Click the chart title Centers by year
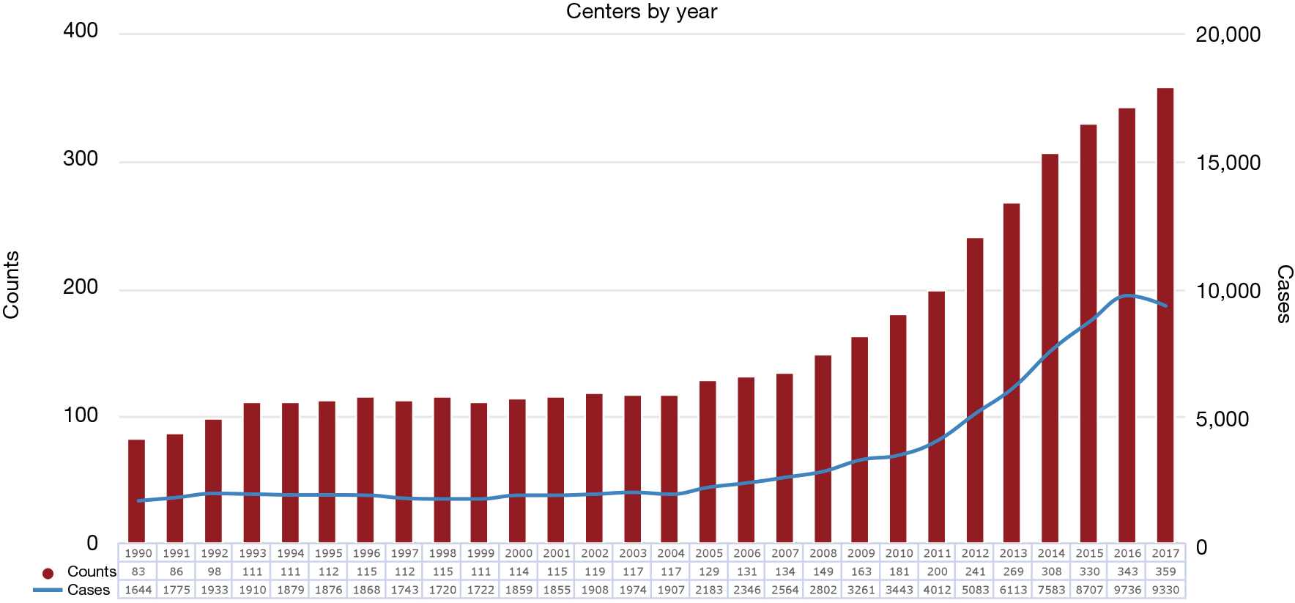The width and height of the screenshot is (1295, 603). [x=642, y=12]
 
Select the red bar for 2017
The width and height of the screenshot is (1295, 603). [x=1165, y=315]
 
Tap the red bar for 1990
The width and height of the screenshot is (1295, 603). [x=136, y=491]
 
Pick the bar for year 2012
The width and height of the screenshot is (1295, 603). [x=975, y=391]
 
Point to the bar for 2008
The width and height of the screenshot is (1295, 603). [x=823, y=449]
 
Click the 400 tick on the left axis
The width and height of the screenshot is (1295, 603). [x=81, y=31]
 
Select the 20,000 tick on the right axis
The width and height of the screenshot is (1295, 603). [x=1228, y=34]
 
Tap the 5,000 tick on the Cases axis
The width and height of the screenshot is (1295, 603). [x=1222, y=419]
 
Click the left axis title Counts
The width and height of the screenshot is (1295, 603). [x=11, y=285]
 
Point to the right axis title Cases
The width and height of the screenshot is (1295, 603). [x=1284, y=294]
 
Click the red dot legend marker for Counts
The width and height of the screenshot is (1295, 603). [x=48, y=574]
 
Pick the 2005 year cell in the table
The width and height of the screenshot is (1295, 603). [x=709, y=553]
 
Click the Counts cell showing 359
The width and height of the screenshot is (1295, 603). [x=1165, y=571]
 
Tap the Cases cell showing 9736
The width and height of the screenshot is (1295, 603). [x=1127, y=590]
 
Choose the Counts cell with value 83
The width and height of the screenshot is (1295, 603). [x=138, y=571]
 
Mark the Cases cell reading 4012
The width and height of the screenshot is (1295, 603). [x=937, y=590]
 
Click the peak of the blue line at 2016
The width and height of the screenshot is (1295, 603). [x=1128, y=295]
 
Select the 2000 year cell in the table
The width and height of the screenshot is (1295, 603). [x=519, y=553]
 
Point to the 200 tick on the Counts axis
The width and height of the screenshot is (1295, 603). [x=81, y=287]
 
